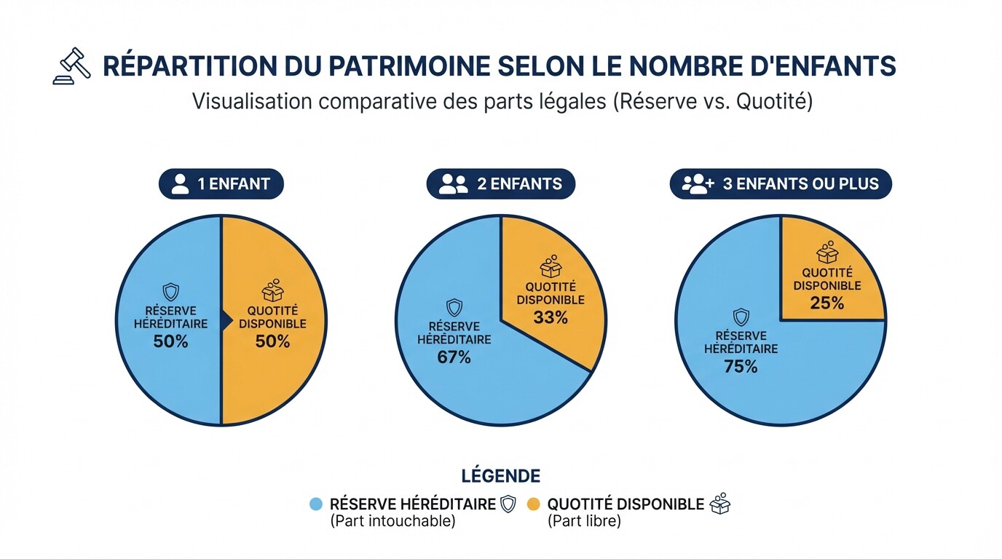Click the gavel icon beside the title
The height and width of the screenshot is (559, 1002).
pos(72,66)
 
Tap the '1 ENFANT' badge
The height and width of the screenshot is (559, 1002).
pos(221,184)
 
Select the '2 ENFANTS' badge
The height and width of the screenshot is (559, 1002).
pos(500,184)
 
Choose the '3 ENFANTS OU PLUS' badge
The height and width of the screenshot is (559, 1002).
pos(781,184)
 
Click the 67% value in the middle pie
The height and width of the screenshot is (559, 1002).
pos(454,357)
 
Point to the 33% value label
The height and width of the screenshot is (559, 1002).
pos(551,317)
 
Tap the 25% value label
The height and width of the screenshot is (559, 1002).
pos(827,304)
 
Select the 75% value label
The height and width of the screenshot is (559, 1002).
pos(741,367)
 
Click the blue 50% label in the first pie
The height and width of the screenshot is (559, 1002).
pos(170,341)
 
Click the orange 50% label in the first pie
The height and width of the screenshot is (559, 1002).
pos(272,341)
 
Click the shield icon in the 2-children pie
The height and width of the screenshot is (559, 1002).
pos(454,307)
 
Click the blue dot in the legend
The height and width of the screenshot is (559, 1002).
pos(316,504)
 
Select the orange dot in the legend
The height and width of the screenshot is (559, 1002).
pos(534,504)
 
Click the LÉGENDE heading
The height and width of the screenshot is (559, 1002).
pos(501,476)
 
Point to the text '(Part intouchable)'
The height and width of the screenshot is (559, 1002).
pos(392,521)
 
